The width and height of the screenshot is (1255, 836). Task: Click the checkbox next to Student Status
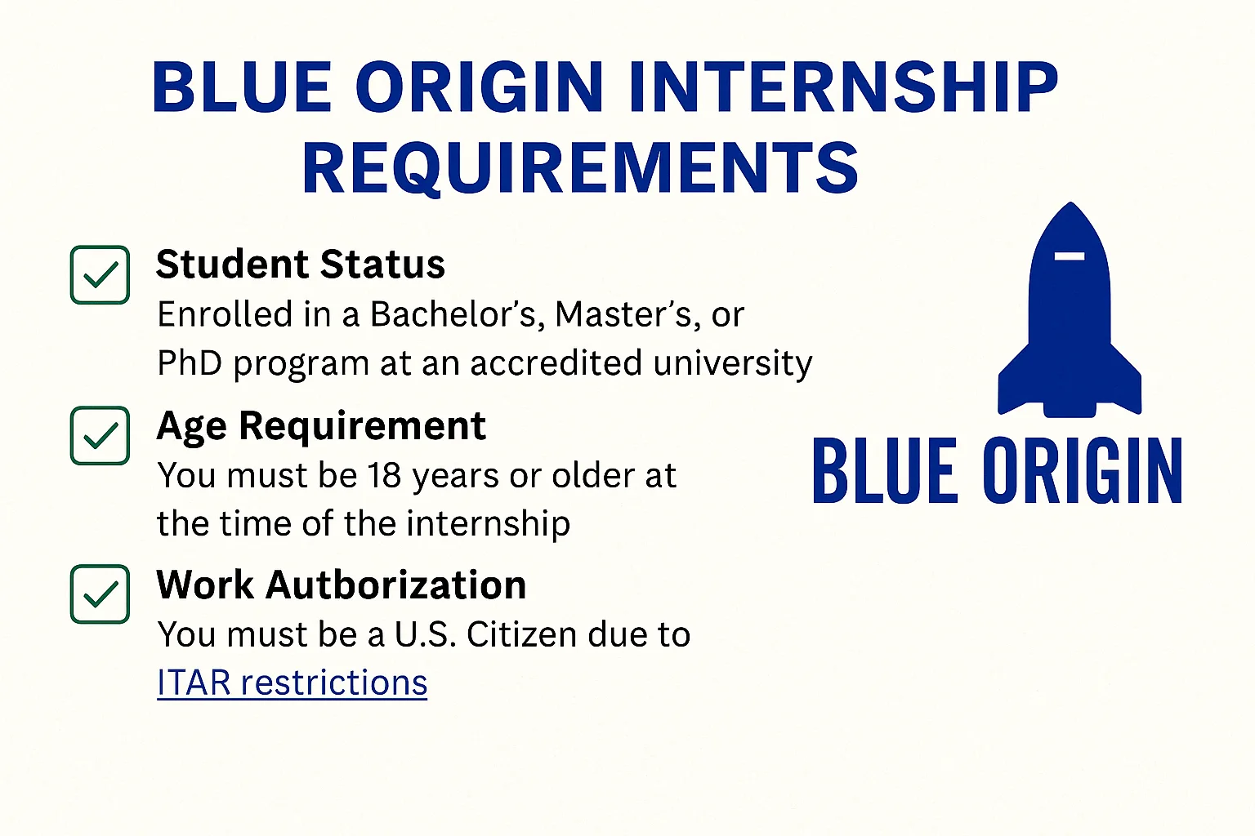100,275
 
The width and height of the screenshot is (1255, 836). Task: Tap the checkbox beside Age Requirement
100,436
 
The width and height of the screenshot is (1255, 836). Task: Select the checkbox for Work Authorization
100,594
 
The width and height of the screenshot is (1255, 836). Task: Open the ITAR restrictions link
292,682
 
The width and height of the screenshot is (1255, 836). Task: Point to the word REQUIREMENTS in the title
580,168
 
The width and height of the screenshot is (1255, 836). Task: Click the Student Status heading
301,264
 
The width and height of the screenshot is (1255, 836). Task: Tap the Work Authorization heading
342,585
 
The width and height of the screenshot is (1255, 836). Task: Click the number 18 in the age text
384,475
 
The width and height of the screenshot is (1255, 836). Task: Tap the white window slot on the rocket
1069,256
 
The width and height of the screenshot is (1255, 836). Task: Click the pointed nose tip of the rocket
1070,202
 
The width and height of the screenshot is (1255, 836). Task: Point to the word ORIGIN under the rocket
1083,470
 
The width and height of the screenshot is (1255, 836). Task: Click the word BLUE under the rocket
885,470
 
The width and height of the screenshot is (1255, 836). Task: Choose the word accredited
556,362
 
